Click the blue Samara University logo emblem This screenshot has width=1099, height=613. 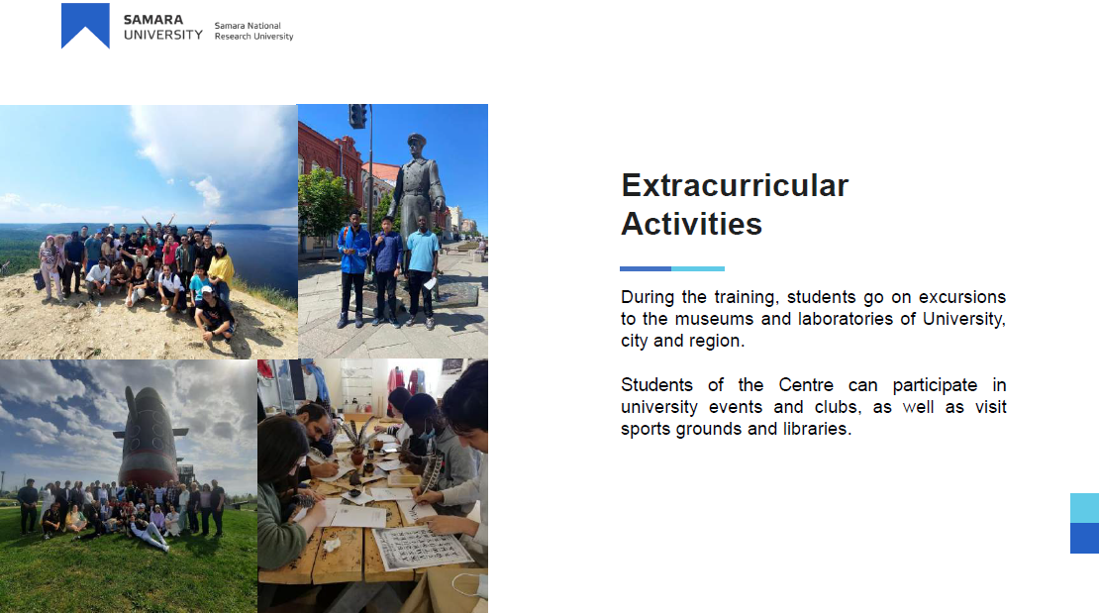coord(85,25)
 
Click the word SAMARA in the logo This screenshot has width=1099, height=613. coord(152,20)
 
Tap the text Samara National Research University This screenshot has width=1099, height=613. coord(253,31)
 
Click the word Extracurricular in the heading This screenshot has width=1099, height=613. coord(735,186)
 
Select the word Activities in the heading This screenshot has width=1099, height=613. coord(691,225)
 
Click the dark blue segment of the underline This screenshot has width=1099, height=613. coord(646,268)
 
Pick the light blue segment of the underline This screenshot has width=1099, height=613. coord(698,268)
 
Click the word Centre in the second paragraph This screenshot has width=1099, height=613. coord(806,385)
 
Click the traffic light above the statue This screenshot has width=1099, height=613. coord(357,116)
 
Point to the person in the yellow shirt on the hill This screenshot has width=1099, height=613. coord(222,268)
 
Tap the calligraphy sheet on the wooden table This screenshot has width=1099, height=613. coord(420,547)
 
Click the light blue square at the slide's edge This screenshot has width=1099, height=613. coord(1084,508)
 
